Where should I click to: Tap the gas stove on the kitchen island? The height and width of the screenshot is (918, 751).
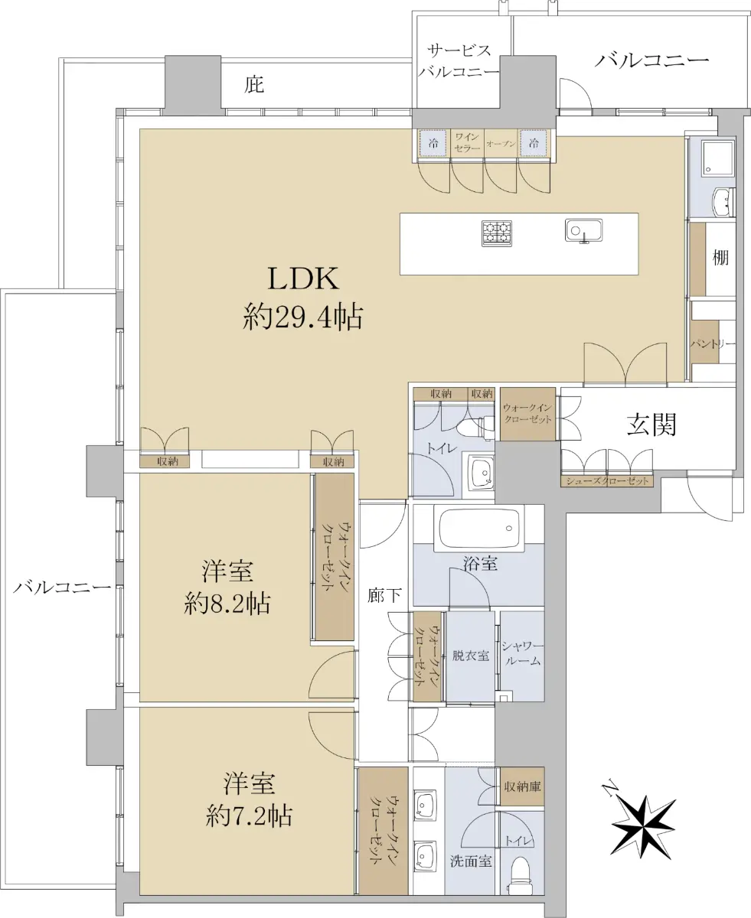coord(496,233)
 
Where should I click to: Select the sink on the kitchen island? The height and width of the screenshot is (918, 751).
coord(584,229)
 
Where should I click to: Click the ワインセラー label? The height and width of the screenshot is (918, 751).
coord(467,142)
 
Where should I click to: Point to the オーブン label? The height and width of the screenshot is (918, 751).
coord(501,143)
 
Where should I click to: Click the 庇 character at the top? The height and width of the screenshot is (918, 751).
coord(254,84)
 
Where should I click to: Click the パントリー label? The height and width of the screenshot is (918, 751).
coord(713,344)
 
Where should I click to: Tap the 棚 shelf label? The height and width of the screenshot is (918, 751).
coord(720,259)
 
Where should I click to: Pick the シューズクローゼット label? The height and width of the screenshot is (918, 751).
coord(608,481)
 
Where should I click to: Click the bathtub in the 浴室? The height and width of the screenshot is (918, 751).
coord(478,527)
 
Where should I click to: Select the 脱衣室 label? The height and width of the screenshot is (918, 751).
coord(470,656)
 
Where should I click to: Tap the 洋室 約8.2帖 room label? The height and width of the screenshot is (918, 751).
coord(227,587)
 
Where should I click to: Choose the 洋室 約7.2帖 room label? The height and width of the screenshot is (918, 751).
coord(249,799)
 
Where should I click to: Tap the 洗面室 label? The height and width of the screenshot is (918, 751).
coord(470,861)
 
